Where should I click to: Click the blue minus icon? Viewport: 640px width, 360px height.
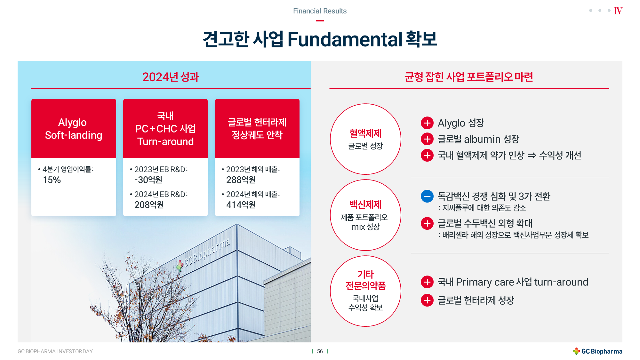(427, 196)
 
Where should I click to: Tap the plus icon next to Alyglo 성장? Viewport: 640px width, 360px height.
(427, 123)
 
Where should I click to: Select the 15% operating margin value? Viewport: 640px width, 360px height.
(52, 180)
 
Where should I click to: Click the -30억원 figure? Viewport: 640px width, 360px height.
(148, 180)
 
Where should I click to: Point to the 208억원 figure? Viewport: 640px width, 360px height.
(149, 205)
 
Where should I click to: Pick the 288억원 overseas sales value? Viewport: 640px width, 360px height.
(241, 180)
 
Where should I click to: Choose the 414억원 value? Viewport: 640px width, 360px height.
(241, 205)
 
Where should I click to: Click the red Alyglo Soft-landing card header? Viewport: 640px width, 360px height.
(74, 128)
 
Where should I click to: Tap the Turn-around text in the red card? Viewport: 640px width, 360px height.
(165, 142)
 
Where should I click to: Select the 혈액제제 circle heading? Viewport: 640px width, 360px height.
(365, 133)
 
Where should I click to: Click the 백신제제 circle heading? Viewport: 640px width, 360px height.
(365, 204)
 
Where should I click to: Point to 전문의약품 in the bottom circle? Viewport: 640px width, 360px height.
(365, 285)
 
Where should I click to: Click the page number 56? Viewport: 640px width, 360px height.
(320, 351)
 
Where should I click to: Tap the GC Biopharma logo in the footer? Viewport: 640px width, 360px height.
(597, 351)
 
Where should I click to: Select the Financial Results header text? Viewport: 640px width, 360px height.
(320, 11)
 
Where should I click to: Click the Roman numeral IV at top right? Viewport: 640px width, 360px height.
(618, 11)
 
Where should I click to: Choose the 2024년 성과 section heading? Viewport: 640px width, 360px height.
(171, 77)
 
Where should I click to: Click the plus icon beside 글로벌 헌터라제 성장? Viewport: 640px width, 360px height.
(427, 300)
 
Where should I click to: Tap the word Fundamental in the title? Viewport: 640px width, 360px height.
(345, 39)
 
